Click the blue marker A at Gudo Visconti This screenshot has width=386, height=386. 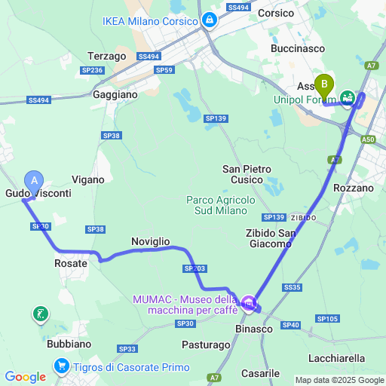click(34, 180)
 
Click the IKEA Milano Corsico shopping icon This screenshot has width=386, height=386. click(209, 20)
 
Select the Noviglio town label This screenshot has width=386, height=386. click(150, 240)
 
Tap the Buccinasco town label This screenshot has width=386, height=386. click(298, 48)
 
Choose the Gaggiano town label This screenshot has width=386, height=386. click(115, 95)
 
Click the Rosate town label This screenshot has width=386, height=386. click(71, 263)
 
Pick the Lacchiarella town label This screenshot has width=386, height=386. click(336, 358)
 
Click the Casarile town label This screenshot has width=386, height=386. click(261, 373)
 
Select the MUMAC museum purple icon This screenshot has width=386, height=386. click(248, 305)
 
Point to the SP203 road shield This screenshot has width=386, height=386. click(194, 268)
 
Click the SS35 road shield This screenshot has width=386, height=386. click(292, 287)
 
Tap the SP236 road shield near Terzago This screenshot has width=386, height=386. click(92, 70)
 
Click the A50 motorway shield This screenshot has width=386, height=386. click(367, 139)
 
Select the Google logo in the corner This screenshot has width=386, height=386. click(25, 377)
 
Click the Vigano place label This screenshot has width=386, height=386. click(88, 179)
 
